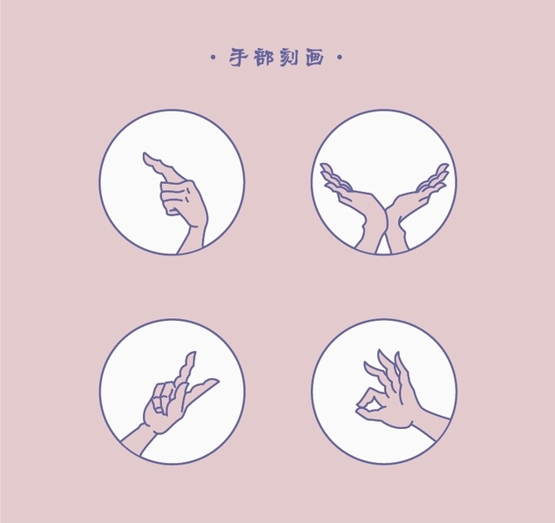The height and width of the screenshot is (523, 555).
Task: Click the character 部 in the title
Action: point(264,58)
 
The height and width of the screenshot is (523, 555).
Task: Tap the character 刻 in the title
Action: point(289,58)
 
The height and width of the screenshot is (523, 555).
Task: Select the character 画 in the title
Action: point(315,58)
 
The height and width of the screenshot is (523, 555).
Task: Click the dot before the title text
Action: point(213,58)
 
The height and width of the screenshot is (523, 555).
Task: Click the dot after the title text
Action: point(340,58)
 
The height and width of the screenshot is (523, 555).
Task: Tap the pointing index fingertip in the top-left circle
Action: point(146,156)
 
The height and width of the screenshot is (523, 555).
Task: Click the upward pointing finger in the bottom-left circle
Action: point(187,368)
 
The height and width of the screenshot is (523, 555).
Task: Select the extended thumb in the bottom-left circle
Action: point(202,390)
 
